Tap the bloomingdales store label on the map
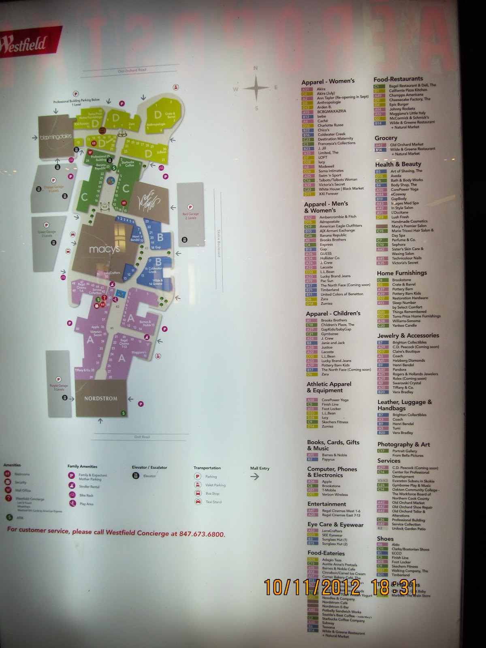coord(56,137)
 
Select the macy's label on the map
coord(104,249)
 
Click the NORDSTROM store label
coord(100,399)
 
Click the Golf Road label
coord(142,437)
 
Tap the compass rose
coord(256,87)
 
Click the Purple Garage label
coord(59,387)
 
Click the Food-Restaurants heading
coord(398,79)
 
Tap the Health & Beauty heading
coord(398,164)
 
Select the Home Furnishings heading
coord(402,273)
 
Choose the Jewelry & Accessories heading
coord(408,335)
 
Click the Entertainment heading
coord(326,504)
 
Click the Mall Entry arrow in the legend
coord(255,477)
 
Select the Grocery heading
coord(386,138)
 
